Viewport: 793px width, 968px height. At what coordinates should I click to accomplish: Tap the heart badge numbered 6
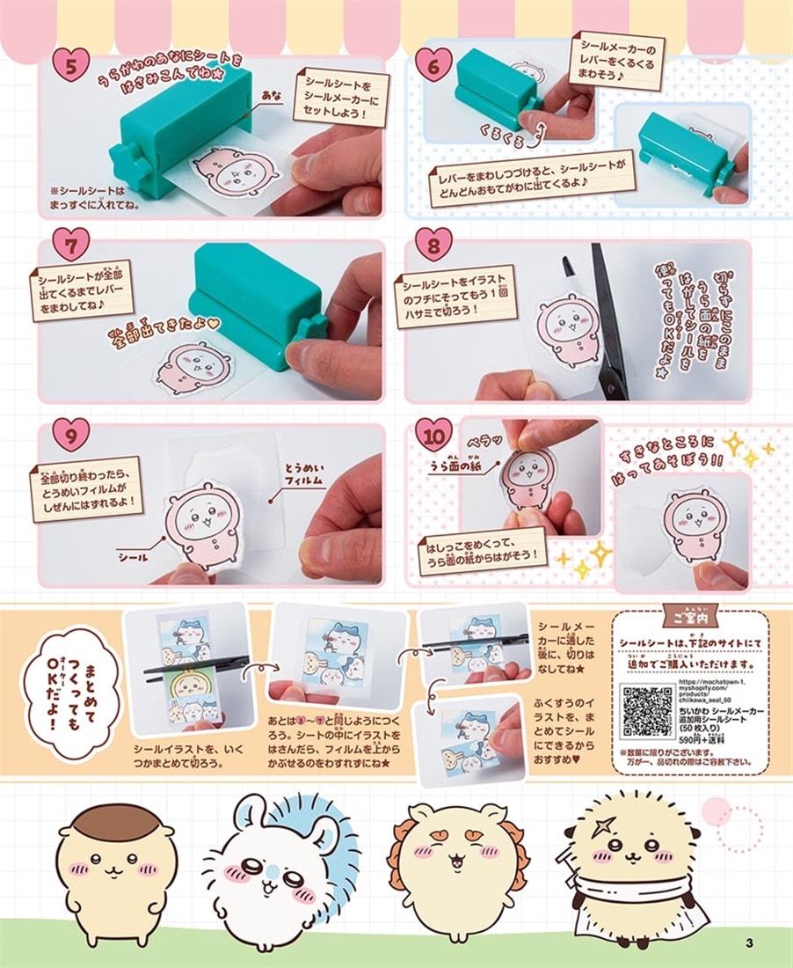(x=433, y=63)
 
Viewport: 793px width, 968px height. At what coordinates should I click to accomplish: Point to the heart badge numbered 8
(x=433, y=245)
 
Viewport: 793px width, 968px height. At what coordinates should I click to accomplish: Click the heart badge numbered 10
(x=433, y=435)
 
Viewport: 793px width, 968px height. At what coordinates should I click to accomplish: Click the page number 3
(x=748, y=944)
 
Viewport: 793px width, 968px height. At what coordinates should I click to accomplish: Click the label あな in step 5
(x=273, y=92)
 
